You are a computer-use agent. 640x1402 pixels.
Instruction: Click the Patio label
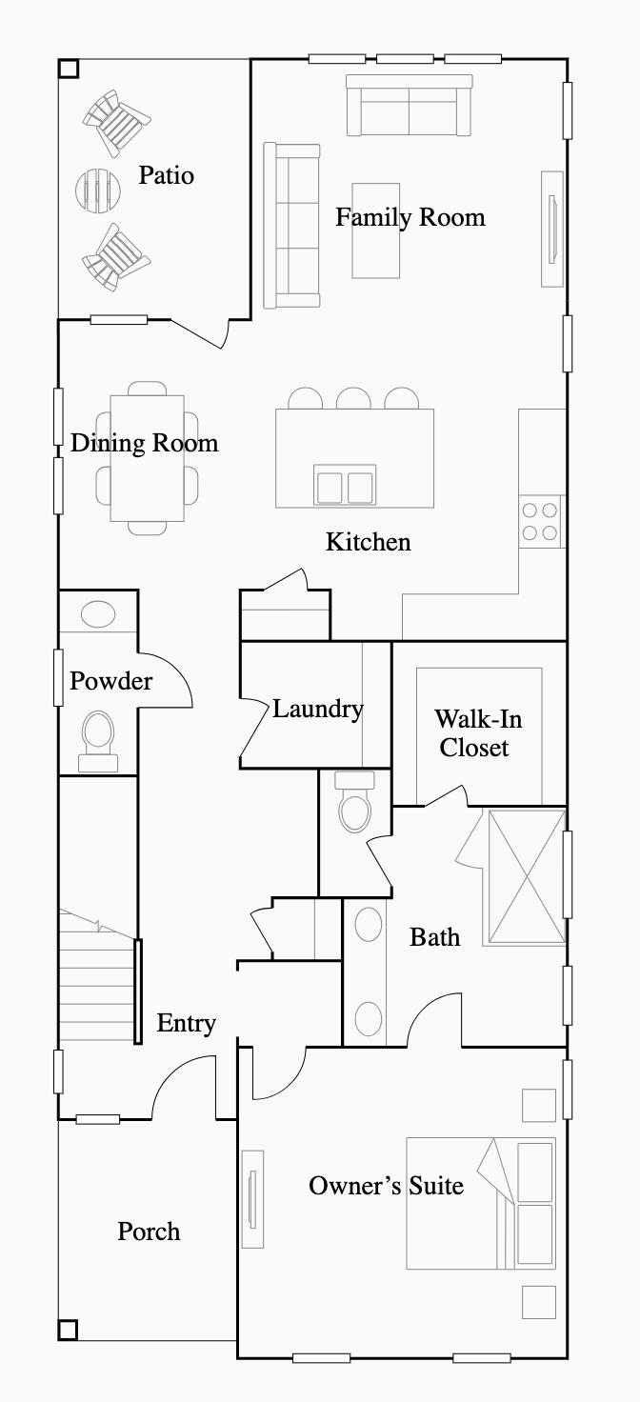click(167, 175)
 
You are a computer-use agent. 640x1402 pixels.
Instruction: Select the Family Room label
click(410, 217)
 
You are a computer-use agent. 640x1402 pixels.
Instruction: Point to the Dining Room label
click(144, 443)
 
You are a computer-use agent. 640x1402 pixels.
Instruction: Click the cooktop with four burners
click(540, 521)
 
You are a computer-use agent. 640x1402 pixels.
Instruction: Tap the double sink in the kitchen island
click(344, 486)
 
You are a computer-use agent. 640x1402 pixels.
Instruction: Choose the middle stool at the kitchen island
click(353, 399)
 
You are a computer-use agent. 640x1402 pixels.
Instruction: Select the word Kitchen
click(369, 542)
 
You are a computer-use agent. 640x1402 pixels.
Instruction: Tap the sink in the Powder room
click(98, 614)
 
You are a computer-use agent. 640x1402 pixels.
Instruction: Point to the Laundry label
click(317, 709)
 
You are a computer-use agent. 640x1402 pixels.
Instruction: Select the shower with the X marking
click(526, 876)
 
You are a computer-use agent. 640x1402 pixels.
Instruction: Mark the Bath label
click(434, 937)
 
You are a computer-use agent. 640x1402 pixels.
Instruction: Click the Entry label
click(186, 1024)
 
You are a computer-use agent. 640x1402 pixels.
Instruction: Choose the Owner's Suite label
click(386, 1186)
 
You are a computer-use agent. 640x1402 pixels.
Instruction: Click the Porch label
click(149, 1232)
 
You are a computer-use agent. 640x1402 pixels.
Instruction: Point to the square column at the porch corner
click(68, 1329)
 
